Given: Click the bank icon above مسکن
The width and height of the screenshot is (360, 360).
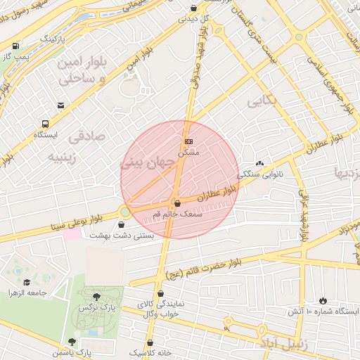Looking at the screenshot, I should (x=188, y=141).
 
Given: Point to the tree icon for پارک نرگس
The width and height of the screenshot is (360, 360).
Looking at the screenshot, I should (x=96, y=297).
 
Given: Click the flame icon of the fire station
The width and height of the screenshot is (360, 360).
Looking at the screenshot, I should (x=323, y=300).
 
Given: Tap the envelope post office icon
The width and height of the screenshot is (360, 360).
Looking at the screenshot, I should (x=61, y=105).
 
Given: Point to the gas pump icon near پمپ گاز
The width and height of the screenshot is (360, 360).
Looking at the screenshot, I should (x=16, y=44).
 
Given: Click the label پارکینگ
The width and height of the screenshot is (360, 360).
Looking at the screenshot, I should (x=56, y=36).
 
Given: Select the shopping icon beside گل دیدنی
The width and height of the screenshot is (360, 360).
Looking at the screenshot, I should (x=194, y=8).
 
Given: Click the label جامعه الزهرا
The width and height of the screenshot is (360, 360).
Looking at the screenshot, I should (x=27, y=292).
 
